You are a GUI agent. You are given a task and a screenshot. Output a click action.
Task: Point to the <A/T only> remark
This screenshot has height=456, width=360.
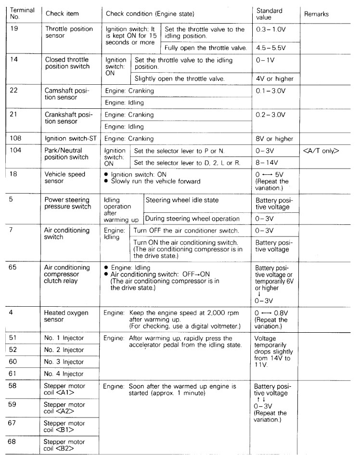click(x=321, y=151)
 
